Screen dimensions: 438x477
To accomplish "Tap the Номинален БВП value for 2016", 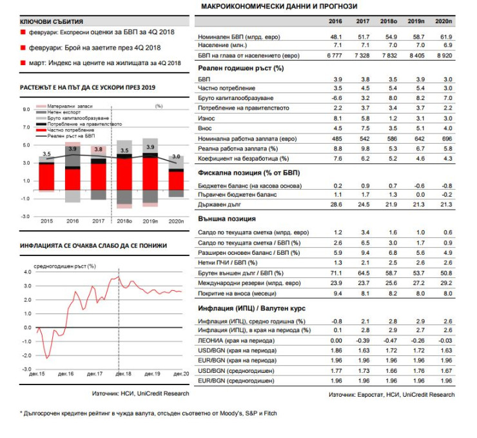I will coord(336,38).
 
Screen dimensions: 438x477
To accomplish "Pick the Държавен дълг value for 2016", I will coord(336,204).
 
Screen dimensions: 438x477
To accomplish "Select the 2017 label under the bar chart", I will coord(99,221).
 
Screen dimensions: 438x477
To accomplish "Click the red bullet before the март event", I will coord(24,63).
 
